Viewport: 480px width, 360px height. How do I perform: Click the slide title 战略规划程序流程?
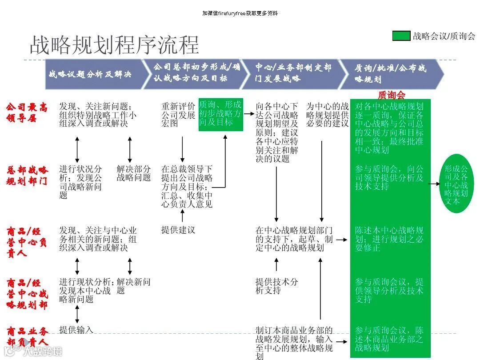(x=114, y=45)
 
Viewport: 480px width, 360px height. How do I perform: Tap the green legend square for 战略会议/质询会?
(x=401, y=36)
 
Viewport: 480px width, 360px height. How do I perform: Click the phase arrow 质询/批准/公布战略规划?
(x=391, y=74)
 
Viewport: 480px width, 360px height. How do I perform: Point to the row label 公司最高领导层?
(x=27, y=112)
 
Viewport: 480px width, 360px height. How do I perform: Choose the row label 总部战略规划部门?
(x=27, y=176)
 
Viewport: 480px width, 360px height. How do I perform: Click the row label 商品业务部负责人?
(x=27, y=336)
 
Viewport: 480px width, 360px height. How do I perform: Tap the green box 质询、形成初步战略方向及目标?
(x=221, y=114)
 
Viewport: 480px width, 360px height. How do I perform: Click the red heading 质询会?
(x=391, y=95)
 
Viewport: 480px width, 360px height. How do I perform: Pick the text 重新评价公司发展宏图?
(x=178, y=115)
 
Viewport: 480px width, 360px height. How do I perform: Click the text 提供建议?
(x=178, y=230)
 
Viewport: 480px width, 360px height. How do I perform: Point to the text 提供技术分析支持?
(x=276, y=286)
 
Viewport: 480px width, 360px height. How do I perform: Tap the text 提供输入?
(x=76, y=330)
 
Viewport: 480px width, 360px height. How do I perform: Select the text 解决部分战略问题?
(x=134, y=173)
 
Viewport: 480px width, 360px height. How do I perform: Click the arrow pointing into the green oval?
(x=435, y=182)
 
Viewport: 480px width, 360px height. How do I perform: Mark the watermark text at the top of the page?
(x=240, y=13)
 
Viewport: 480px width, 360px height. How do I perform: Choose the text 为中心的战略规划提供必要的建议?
(x=327, y=115)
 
